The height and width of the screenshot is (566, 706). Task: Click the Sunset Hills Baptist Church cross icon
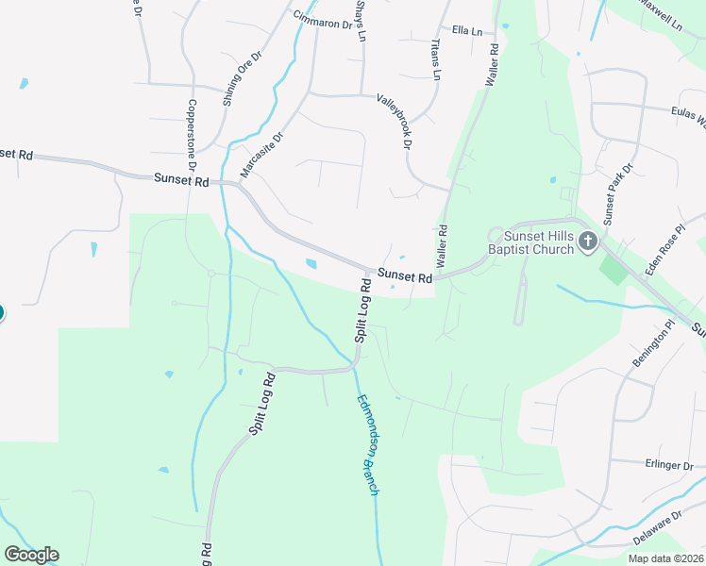(x=587, y=241)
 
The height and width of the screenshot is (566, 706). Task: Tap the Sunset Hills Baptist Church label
(x=537, y=242)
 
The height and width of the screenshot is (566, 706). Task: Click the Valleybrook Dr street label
(x=395, y=122)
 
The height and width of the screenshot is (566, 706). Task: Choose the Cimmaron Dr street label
(x=322, y=20)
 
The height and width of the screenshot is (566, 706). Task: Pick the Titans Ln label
(x=436, y=59)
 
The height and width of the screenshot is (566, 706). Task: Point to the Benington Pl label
(x=655, y=344)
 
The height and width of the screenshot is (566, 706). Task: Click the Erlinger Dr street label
(x=670, y=466)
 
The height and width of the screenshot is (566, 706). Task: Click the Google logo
(x=31, y=555)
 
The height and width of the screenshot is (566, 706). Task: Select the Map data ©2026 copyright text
(x=665, y=558)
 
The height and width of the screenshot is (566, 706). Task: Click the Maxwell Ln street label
(x=660, y=13)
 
